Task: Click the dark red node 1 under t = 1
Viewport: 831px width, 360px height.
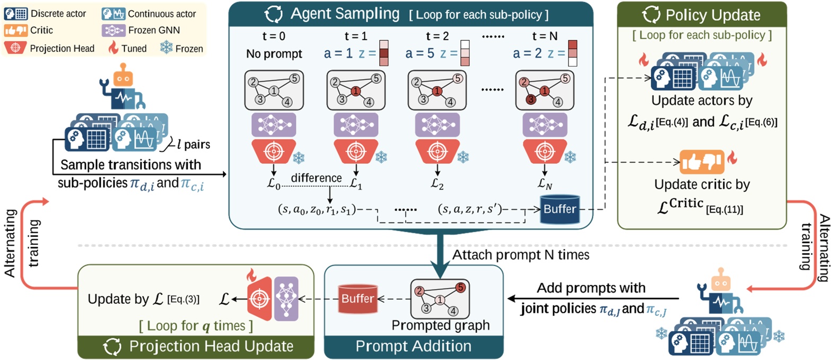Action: point(355,91)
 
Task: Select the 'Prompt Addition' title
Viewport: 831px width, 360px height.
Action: point(413,346)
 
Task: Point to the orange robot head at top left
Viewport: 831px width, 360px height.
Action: point(124,75)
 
